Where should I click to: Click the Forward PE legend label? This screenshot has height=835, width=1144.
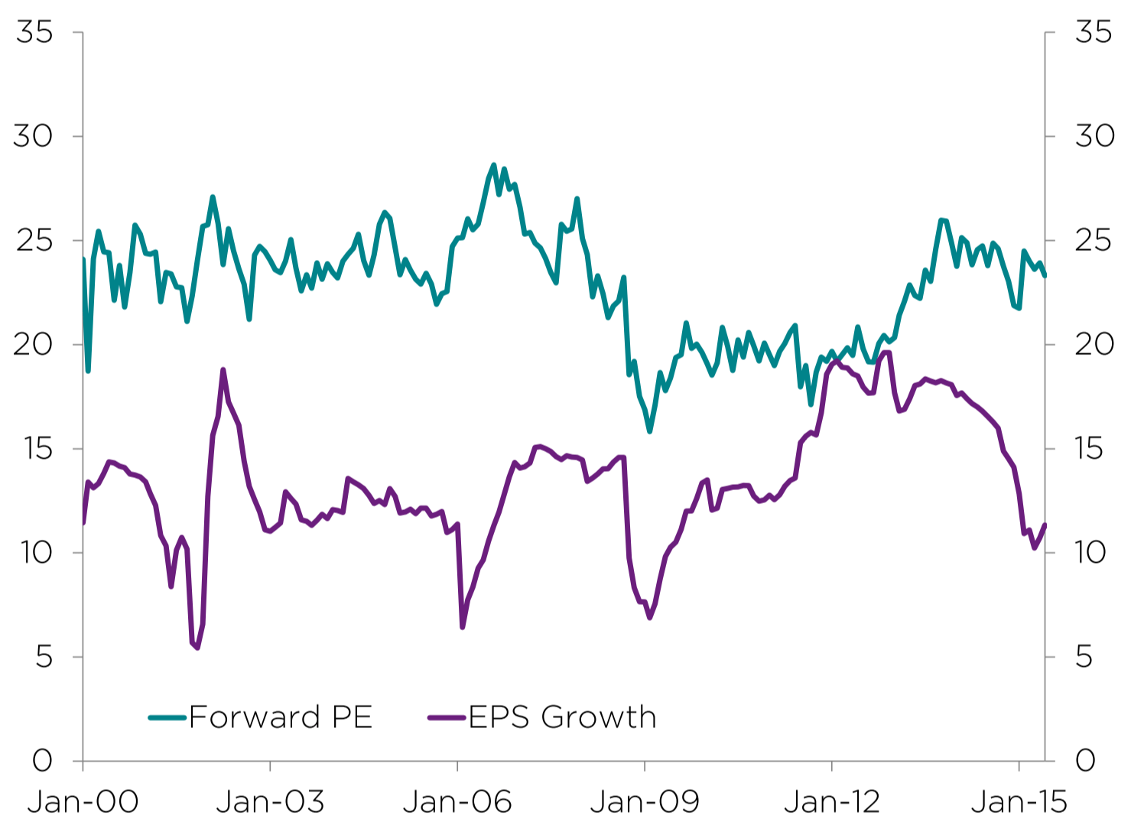coord(281,717)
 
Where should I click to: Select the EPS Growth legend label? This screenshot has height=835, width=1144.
coord(562,717)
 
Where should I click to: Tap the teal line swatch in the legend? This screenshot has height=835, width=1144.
coord(167,717)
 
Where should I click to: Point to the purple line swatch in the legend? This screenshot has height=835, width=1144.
coord(447,717)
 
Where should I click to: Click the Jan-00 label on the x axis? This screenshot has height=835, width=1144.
coord(83,801)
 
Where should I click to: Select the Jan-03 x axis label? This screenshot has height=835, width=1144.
coord(270,801)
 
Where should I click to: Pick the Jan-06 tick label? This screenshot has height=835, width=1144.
coord(457,801)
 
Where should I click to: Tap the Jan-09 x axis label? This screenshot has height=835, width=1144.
coord(645,801)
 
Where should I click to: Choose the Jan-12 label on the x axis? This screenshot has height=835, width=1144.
coord(832,801)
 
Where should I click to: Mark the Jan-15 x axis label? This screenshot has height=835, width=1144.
coord(1019,801)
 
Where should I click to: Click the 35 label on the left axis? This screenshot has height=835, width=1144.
coord(34,32)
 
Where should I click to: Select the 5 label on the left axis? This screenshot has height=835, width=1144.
coord(44,657)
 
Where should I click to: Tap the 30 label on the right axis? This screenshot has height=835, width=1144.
coord(1094,136)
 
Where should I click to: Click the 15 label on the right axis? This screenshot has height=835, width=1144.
coord(1093,449)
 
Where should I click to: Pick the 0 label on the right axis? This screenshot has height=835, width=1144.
coord(1085,760)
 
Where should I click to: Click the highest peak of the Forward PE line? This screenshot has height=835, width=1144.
coord(493,164)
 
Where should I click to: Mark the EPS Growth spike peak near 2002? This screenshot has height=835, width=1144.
coord(223,370)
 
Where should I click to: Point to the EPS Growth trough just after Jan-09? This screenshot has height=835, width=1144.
coord(649,617)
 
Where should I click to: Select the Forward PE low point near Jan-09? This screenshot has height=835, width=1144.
coord(649,431)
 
